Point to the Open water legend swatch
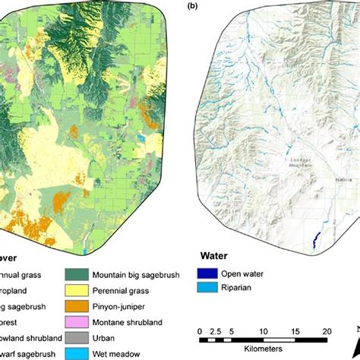point(204,273)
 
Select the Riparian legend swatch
point(204,288)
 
